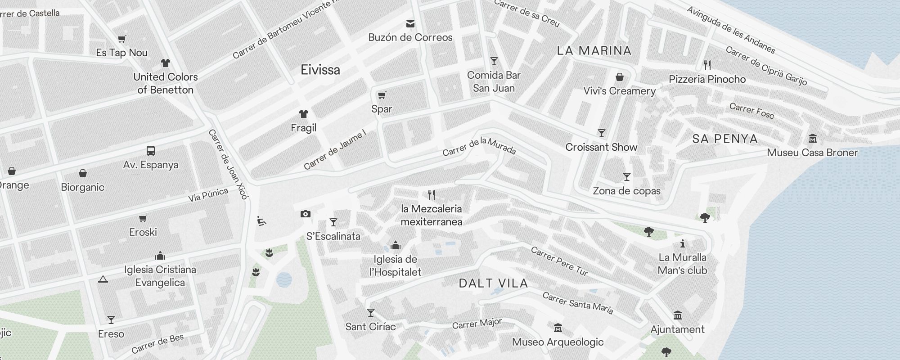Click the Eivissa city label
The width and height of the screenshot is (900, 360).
click(320, 70)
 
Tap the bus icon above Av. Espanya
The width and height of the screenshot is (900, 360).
click(151, 151)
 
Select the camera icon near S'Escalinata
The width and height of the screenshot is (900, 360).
click(306, 214)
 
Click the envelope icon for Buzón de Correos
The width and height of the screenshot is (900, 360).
click(410, 23)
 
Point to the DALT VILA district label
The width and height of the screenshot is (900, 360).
click(493, 283)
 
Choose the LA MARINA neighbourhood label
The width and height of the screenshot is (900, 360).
click(594, 50)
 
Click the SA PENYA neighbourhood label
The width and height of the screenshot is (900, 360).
click(725, 139)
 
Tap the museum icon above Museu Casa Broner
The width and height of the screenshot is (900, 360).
click(813, 138)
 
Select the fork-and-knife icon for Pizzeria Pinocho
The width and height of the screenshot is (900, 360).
click(708, 65)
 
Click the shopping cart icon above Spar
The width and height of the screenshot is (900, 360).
click(382, 95)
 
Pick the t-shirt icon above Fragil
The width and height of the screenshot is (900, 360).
click(304, 114)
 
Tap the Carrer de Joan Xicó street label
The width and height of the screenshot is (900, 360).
click(228, 164)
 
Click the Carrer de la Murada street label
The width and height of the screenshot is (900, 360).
click(479, 146)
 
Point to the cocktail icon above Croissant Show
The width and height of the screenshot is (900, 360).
click(602, 133)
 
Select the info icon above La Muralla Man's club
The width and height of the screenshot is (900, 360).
click(683, 243)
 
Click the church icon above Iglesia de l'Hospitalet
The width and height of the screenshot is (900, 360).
click(396, 245)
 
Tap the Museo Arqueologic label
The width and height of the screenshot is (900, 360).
click(558, 342)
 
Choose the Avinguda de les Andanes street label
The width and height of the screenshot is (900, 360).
click(731, 30)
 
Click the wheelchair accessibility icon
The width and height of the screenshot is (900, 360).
click(261, 221)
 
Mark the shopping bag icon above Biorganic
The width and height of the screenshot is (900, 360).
click(83, 173)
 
